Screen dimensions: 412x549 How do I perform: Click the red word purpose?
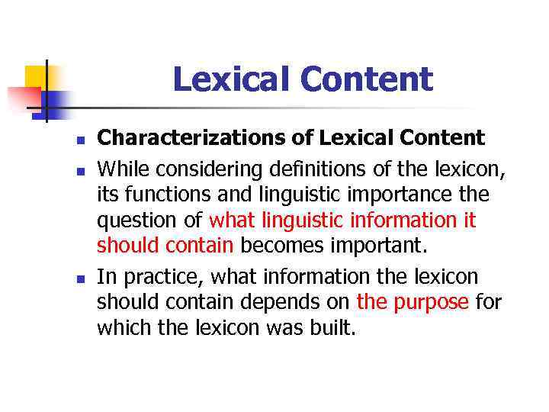click(x=432, y=302)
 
